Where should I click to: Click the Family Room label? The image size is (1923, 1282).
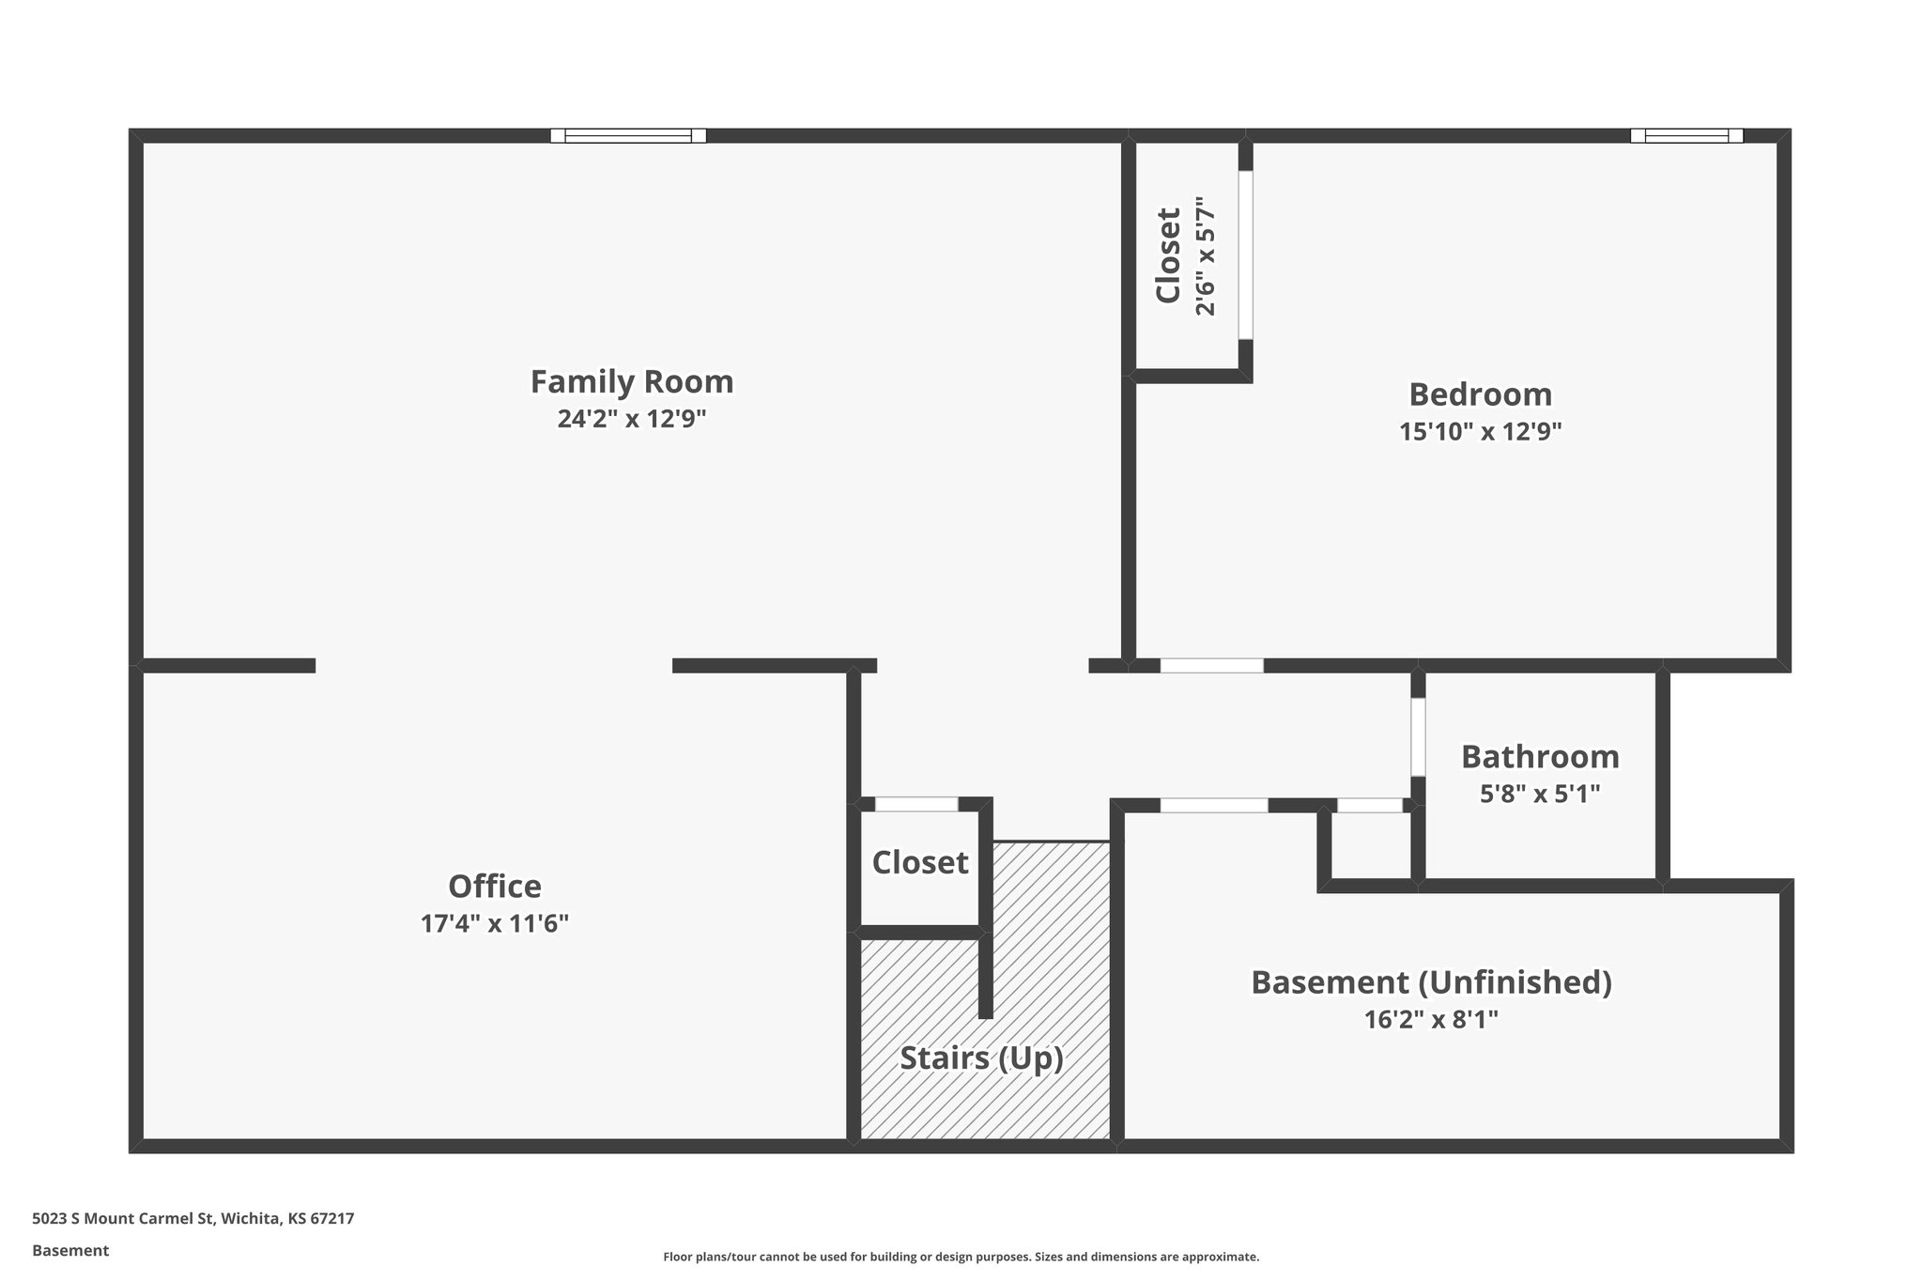click(631, 382)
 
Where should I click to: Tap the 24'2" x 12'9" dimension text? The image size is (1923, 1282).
click(631, 419)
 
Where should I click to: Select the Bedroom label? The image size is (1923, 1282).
click(1480, 394)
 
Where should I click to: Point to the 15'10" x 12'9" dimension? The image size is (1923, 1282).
click(1480, 432)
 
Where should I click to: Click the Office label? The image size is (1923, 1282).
click(494, 887)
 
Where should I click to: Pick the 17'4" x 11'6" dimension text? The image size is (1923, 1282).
click(494, 924)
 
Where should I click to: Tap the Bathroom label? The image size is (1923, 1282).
click(1540, 757)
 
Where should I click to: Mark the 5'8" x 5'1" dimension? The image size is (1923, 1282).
click(1540, 795)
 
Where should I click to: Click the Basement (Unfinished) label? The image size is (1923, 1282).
click(1431, 982)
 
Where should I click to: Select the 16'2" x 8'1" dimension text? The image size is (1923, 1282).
click(1431, 1020)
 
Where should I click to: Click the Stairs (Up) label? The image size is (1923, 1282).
click(981, 1058)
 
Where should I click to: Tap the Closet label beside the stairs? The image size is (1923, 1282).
click(919, 862)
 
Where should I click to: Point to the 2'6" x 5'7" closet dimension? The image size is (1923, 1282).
click(1206, 255)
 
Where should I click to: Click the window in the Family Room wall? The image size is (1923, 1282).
click(627, 135)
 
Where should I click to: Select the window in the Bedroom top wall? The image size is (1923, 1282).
click(1686, 135)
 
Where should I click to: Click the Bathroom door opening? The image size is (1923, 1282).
click(1418, 736)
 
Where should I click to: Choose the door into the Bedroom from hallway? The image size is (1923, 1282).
click(1211, 666)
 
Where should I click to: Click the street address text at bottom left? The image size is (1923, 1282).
click(192, 1219)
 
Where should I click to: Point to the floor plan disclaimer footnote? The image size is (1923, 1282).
click(961, 1257)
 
